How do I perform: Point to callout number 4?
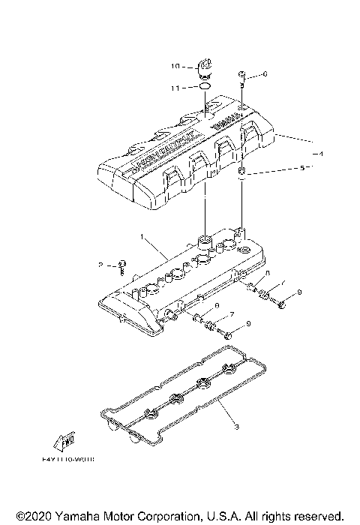click(x=321, y=153)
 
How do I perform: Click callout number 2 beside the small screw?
click(x=98, y=265)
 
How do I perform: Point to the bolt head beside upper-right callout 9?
click(x=281, y=304)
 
